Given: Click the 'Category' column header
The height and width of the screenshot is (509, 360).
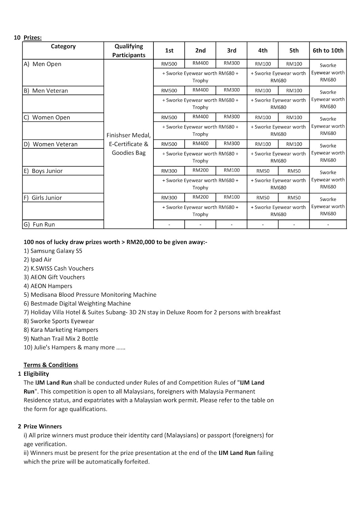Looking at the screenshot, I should coord(63,46).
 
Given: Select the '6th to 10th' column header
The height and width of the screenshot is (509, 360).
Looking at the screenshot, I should coord(328,50).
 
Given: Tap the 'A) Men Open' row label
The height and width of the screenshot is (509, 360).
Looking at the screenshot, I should coord(42,64).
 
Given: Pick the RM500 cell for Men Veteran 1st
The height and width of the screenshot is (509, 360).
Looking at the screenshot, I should coord(169,91).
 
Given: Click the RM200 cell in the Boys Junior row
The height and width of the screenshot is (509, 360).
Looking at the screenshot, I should coord(200,170).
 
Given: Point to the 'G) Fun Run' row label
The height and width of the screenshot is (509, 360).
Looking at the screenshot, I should coord(39,224).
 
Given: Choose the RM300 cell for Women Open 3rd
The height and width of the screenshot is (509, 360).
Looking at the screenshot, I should coord(231,117).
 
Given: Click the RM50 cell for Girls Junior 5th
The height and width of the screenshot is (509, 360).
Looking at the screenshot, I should coord(294,197).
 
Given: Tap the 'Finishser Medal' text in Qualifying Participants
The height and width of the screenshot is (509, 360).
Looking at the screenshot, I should coord(129,135).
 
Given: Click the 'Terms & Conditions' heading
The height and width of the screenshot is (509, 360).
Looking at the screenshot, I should coord(51,365).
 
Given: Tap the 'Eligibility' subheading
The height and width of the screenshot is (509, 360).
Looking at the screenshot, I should coord(36,374).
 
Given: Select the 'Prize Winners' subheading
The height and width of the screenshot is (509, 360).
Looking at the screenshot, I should coord(43,426).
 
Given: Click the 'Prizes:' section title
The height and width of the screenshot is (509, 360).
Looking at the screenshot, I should coord(32,38).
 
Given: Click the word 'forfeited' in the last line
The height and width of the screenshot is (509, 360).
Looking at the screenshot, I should coord(136,462).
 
